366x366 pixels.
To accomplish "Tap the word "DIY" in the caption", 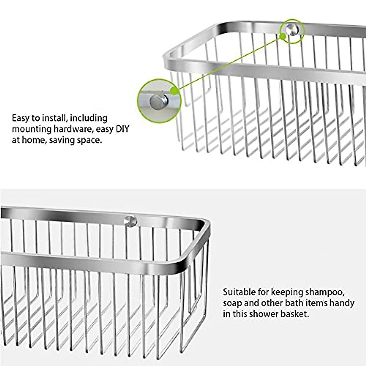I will click(x=122, y=129).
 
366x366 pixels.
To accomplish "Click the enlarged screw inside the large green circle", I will click(x=159, y=102).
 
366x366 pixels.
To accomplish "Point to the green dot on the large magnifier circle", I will click(x=174, y=91).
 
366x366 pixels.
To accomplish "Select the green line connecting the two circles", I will click(x=229, y=63).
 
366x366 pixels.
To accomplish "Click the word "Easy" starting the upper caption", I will click(x=21, y=118).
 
